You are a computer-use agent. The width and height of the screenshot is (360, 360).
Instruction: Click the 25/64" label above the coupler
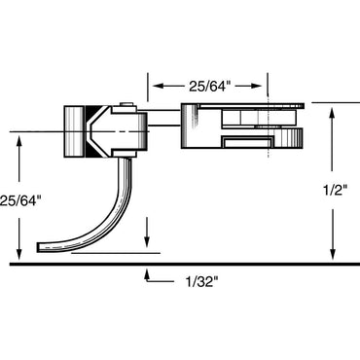point(207,85)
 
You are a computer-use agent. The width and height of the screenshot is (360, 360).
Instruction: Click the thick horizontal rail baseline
point(180,264)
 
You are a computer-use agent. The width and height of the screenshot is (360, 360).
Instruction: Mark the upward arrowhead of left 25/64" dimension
point(20,137)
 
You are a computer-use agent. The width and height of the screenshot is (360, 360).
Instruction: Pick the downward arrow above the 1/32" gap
point(146,245)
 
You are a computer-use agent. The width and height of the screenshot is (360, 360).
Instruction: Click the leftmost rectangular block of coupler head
point(75,129)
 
